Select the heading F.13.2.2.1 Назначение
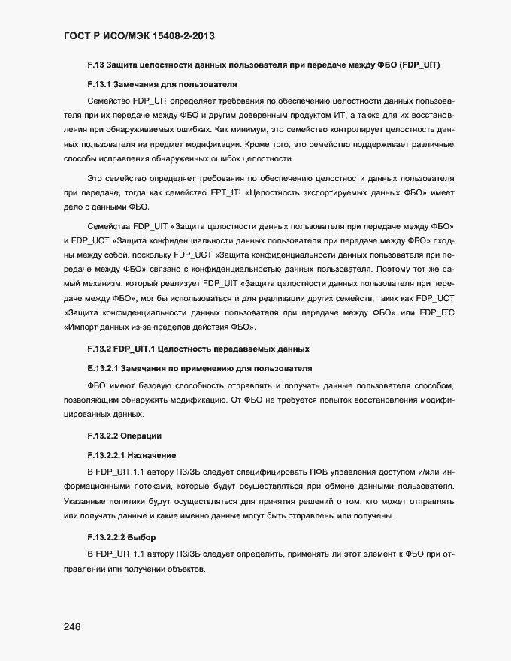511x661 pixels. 132,455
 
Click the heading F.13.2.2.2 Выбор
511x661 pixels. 121,537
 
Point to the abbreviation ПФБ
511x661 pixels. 319,472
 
